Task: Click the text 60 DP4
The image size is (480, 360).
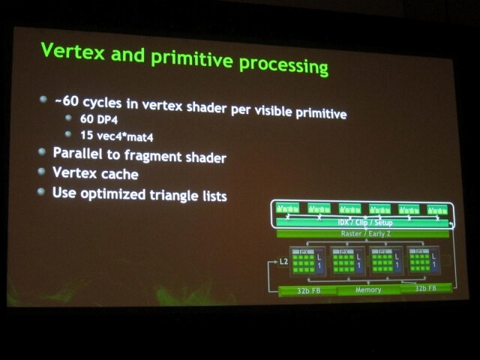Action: point(96,120)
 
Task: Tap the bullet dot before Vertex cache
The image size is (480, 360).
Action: point(43,172)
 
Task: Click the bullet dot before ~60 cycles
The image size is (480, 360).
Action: point(43,99)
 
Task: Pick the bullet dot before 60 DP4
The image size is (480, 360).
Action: point(69,118)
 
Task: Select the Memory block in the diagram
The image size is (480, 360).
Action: point(368,289)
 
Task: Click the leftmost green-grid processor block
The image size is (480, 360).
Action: point(307,262)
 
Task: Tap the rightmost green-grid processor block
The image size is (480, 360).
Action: point(423,262)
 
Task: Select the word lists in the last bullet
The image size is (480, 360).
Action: point(211,197)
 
